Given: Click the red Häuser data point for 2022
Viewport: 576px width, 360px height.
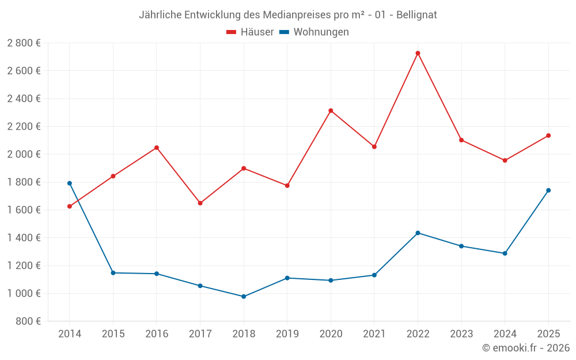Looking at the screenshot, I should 418,53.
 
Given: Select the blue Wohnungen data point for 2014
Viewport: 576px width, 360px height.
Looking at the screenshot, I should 70,183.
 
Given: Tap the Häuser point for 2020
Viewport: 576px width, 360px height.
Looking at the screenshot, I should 331,111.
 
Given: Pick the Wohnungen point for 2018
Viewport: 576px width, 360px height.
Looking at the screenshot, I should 244,297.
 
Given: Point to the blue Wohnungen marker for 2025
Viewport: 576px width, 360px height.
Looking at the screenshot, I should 548,190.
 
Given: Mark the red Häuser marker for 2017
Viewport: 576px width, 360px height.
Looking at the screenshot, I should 200,203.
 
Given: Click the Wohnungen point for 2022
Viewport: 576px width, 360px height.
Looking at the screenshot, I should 418,233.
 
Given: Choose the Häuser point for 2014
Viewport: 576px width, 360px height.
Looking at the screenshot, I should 70,206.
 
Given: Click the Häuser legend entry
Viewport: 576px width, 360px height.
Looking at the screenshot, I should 250,32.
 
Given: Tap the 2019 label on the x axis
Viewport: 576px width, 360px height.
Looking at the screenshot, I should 287,334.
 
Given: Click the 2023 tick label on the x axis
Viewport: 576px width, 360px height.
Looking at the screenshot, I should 461,334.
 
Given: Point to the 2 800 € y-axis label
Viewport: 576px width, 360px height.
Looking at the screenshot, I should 24,43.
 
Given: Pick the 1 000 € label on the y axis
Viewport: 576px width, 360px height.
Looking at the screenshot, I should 24,293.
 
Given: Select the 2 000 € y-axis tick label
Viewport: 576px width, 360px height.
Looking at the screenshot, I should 24,154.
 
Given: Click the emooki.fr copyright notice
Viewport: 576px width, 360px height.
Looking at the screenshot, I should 526,348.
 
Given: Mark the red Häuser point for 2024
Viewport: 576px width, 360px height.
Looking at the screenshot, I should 505,160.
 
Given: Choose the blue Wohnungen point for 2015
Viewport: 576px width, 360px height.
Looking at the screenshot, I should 113,273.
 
